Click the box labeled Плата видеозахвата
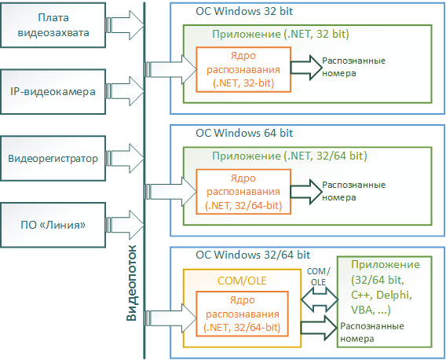(53, 25)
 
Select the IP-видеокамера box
(53, 92)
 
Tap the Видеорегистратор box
(53, 158)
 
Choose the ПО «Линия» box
(53, 225)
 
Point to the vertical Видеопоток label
(131, 283)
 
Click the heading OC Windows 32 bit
(244, 11)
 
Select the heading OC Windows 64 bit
(244, 133)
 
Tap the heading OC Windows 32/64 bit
(253, 255)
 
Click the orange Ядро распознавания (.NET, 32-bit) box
(243, 69)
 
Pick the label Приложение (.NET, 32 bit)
(280, 34)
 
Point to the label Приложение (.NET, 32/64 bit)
(290, 156)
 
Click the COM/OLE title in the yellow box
(242, 281)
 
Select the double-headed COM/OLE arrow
(320, 299)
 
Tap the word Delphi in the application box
(394, 295)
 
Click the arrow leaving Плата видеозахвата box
(125, 25)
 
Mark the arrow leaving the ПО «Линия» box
(125, 225)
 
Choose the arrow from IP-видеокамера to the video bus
(125, 92)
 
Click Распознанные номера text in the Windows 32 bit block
(353, 67)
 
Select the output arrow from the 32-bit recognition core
(306, 68)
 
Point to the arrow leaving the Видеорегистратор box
(125, 158)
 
